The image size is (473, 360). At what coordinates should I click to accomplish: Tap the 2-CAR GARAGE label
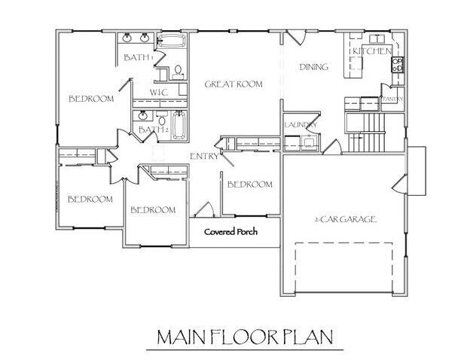[x=345, y=219]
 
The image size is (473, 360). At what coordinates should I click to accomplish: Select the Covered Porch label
[x=231, y=231]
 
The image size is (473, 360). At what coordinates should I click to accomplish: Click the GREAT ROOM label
[x=233, y=84]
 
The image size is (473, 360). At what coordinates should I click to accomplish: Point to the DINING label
[x=314, y=67]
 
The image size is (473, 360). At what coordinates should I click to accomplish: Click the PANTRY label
[x=394, y=99]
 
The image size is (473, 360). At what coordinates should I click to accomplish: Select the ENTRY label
[x=204, y=156]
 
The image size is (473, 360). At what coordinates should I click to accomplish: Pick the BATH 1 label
[x=139, y=57]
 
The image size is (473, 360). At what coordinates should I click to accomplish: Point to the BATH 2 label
[x=151, y=130]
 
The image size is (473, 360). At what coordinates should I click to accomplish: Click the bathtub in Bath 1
[x=173, y=41]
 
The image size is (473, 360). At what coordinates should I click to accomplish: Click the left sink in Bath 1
[x=127, y=38]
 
